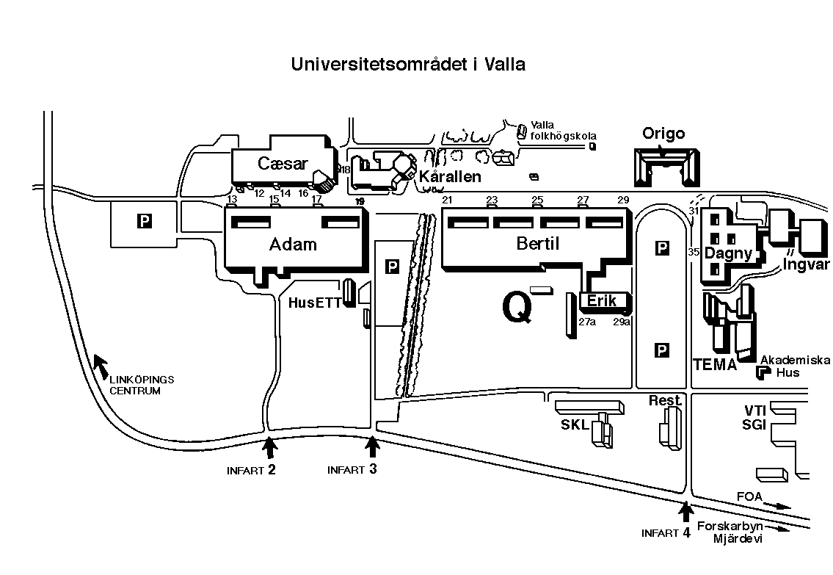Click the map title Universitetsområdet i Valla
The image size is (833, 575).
point(408,65)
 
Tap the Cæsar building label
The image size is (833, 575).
point(283,164)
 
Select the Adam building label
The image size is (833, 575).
point(293,245)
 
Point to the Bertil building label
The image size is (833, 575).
point(538,244)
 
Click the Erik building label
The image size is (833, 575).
point(602,300)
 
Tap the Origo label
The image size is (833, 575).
point(663,134)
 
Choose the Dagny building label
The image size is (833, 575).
point(728,254)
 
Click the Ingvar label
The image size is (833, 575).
point(805,264)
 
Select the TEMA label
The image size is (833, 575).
point(715,365)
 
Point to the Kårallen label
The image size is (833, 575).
point(450,177)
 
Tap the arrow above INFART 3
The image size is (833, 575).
point(372,446)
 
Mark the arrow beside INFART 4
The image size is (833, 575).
point(686,511)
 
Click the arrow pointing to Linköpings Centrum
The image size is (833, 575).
point(100,364)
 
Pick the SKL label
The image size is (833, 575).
point(575,426)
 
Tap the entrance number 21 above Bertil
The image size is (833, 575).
point(448,200)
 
